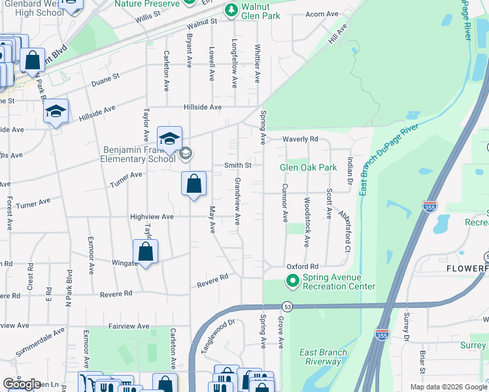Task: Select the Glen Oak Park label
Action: point(308,167)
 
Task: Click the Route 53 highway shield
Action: point(286,306)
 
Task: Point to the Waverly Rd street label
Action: point(300,139)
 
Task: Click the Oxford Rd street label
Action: point(302,267)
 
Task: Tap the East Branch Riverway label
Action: point(323,357)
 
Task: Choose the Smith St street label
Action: point(238,165)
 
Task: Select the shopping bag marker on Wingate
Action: point(145,252)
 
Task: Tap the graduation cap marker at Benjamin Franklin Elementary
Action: point(169,139)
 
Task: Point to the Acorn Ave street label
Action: point(322,14)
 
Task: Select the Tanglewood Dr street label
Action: point(218,336)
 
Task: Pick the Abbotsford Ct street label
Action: point(345,231)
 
